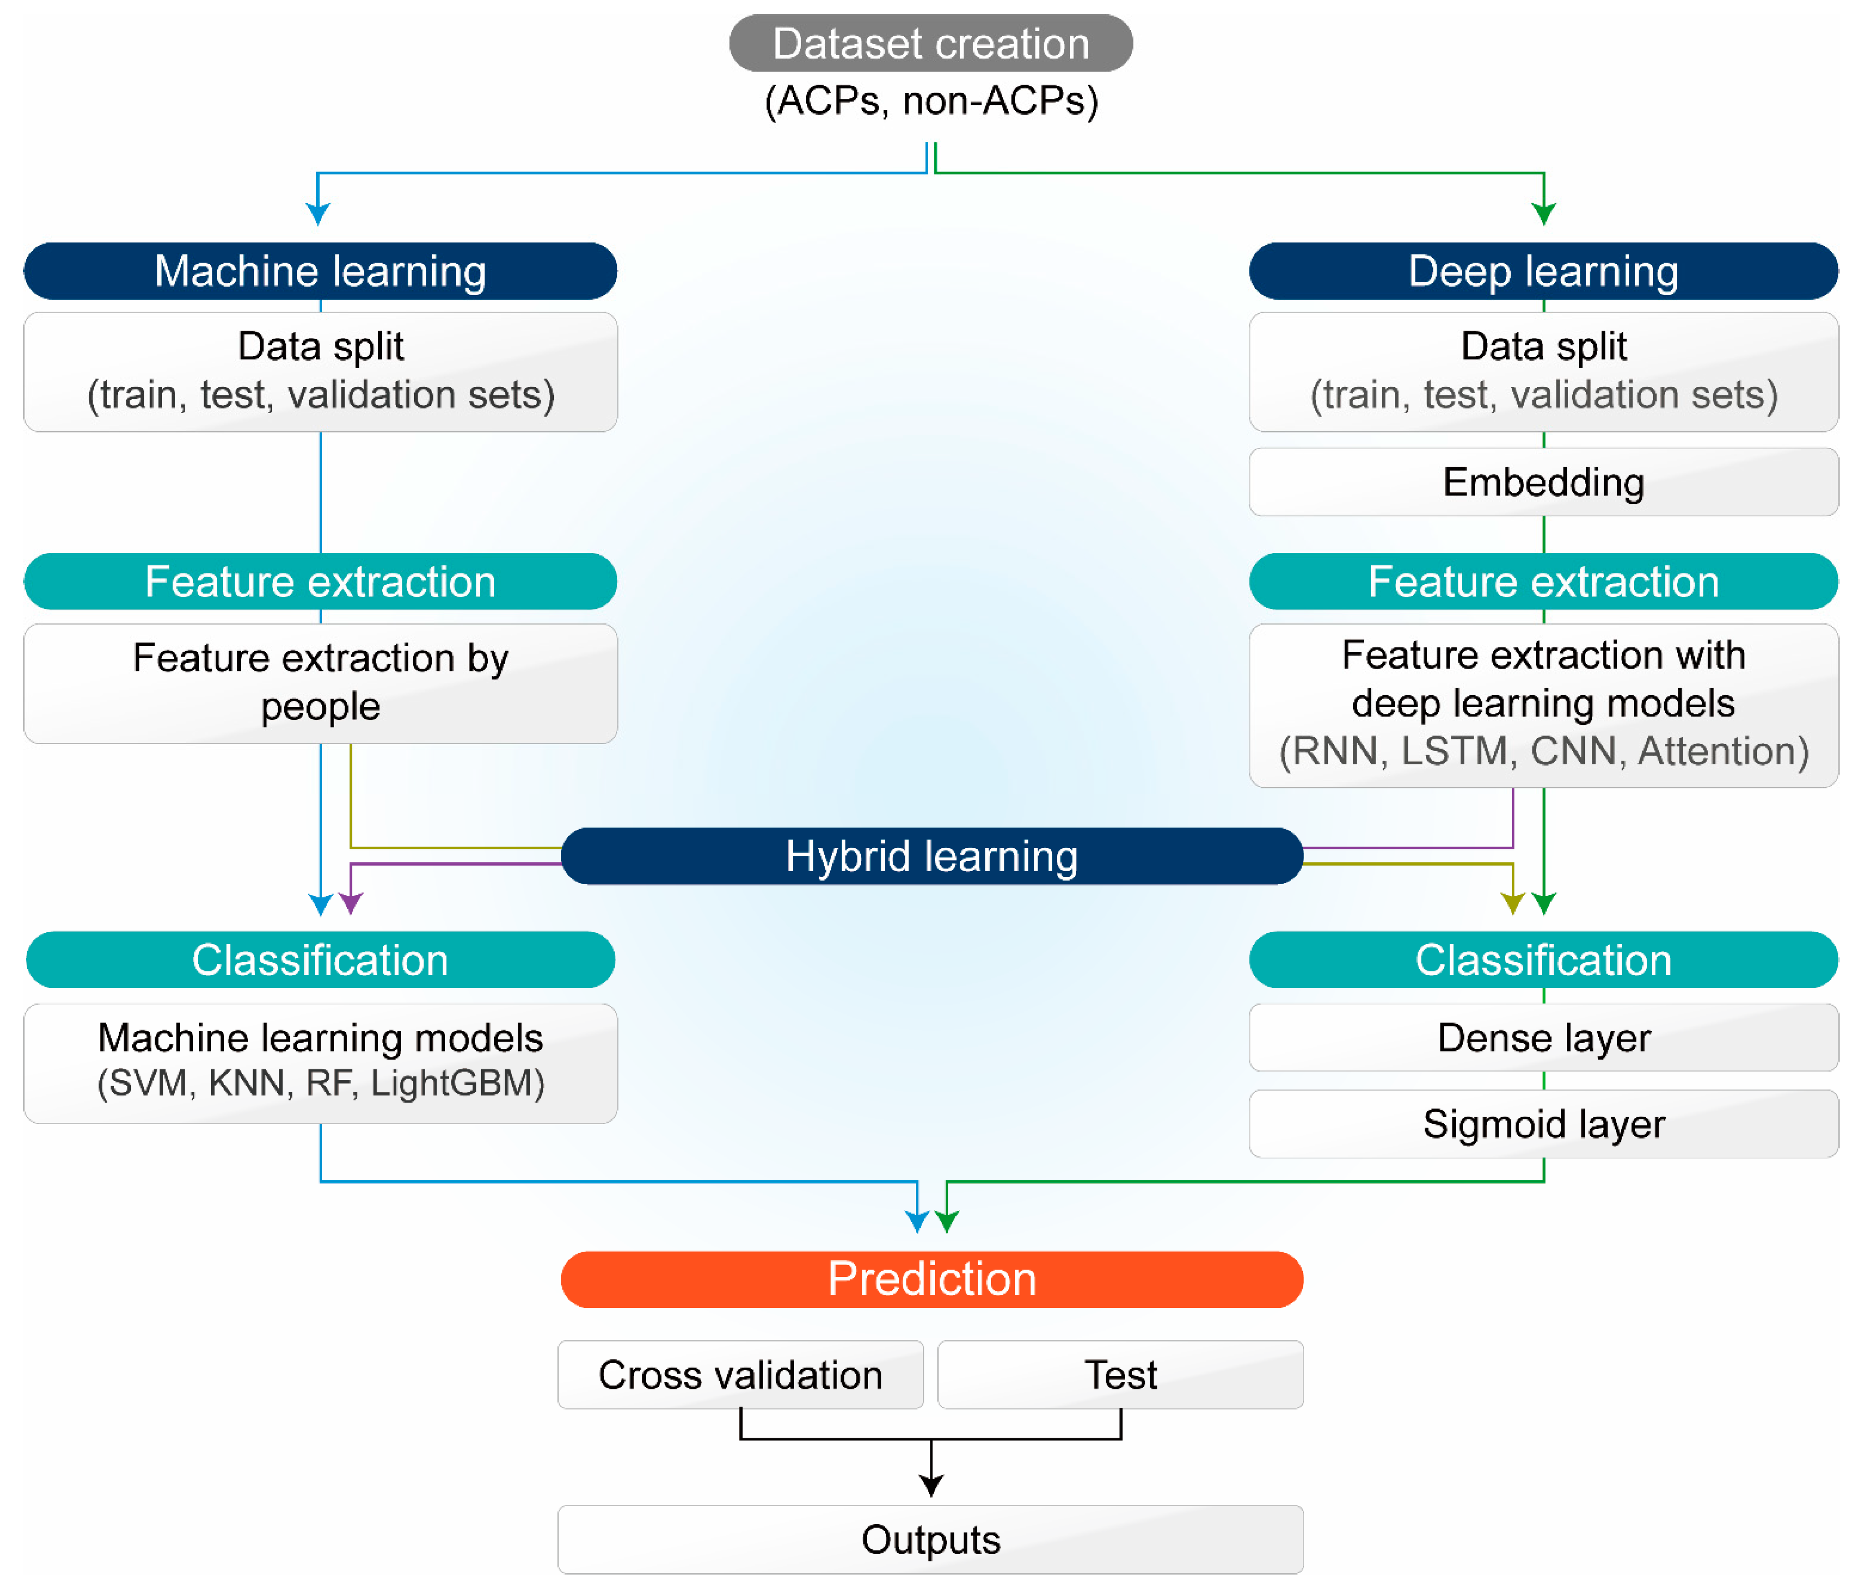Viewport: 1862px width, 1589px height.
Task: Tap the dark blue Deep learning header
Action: point(1543,271)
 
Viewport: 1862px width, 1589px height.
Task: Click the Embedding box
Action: point(1543,482)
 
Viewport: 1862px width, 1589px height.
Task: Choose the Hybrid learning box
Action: point(931,856)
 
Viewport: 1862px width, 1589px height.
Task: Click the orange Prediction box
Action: point(931,1279)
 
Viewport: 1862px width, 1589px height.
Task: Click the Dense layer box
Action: point(1543,1037)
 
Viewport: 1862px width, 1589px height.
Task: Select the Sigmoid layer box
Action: point(1543,1123)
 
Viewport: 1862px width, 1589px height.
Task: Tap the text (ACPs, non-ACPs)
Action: point(931,101)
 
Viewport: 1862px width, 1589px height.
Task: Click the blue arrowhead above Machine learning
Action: point(318,213)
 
